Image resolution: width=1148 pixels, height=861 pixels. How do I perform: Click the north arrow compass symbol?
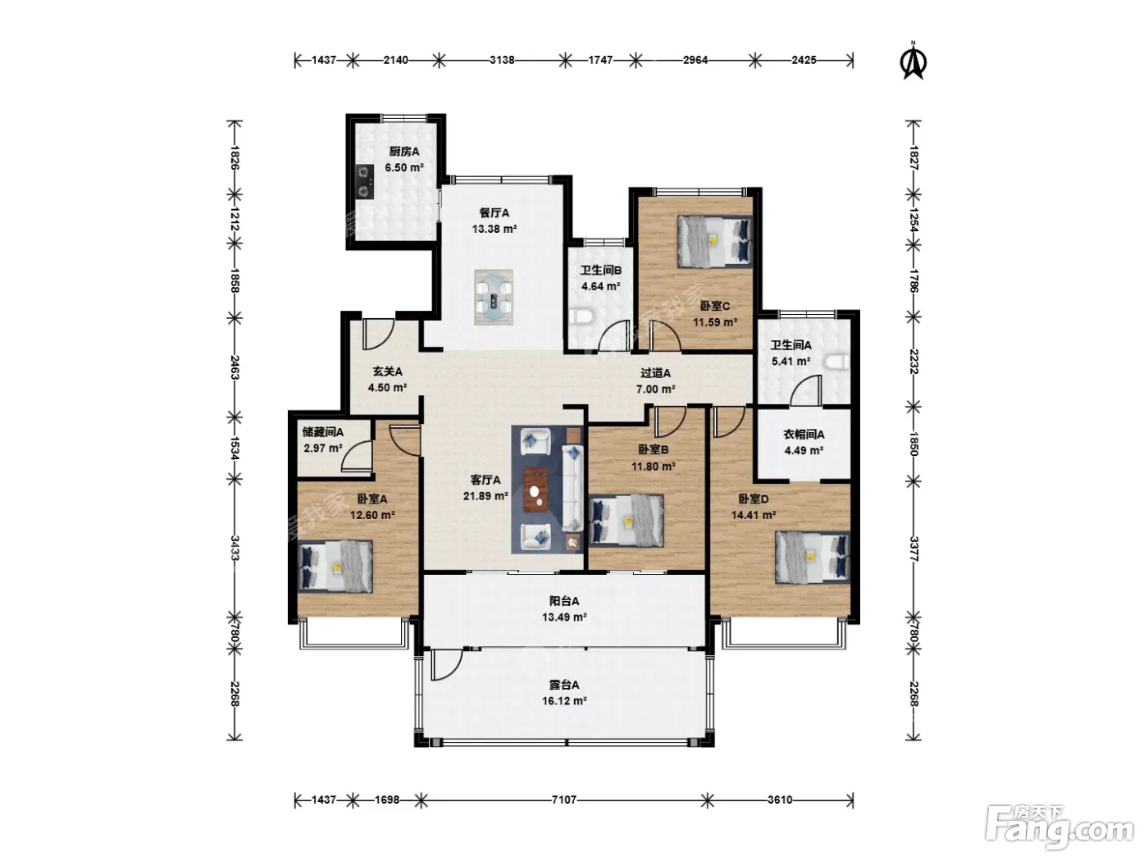(913, 61)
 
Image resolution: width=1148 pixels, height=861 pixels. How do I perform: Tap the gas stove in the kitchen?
(365, 181)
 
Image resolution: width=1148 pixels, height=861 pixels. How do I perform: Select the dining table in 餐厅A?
(493, 298)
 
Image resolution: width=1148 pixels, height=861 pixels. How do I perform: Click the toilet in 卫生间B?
(581, 317)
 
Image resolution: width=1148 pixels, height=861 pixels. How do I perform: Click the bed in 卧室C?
(714, 242)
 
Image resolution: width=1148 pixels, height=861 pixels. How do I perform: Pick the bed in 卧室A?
(335, 567)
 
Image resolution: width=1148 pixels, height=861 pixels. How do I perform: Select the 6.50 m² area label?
(403, 168)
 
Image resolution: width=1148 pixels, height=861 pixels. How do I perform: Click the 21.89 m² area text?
(485, 495)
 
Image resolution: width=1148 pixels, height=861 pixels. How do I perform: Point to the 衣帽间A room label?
(804, 435)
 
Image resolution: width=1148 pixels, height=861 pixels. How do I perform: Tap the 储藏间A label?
(323, 432)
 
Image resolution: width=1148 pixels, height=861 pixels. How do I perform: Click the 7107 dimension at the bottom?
(564, 799)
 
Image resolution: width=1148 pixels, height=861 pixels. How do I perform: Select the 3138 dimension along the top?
(502, 60)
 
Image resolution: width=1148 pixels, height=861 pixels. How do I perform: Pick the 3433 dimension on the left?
(235, 547)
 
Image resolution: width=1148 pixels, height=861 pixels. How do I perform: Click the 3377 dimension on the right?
(913, 549)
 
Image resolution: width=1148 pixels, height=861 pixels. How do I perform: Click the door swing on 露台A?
(446, 665)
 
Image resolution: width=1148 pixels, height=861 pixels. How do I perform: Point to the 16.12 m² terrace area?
(564, 700)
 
